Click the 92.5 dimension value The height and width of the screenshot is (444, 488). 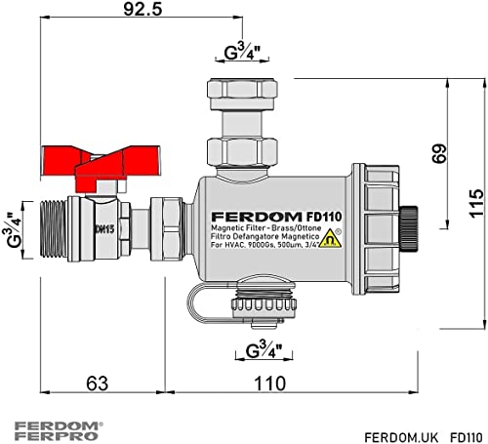click(142, 9)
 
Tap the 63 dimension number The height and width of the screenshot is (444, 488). click(97, 383)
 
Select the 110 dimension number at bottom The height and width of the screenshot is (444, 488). click(270, 383)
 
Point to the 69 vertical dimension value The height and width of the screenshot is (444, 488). click(439, 153)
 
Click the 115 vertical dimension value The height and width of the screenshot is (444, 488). click(476, 203)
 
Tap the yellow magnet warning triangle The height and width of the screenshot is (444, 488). click(330, 238)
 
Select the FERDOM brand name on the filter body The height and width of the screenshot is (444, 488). click(257, 217)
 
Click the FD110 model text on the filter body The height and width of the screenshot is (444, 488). click(324, 217)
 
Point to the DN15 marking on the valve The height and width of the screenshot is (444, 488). click(104, 229)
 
